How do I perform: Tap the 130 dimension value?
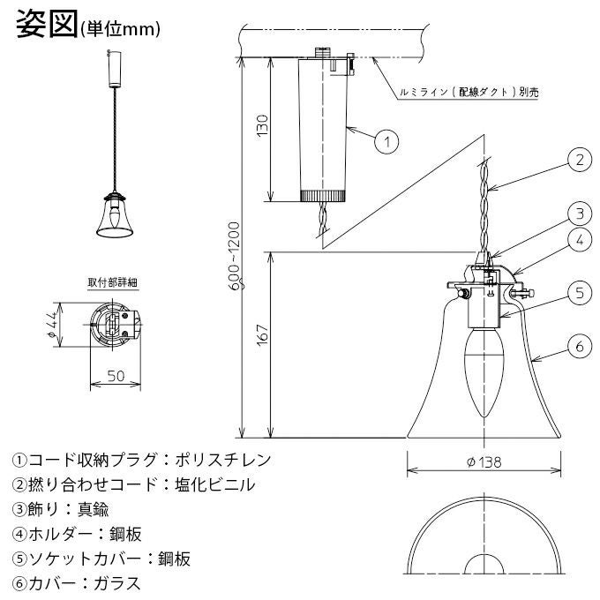[263, 125]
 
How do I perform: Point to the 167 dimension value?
[263, 334]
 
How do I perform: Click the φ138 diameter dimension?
[484, 462]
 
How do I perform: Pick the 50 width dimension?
[116, 376]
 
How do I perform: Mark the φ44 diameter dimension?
[53, 324]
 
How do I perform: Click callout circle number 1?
[386, 141]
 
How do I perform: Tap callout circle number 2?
[580, 160]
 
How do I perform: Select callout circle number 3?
[580, 214]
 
